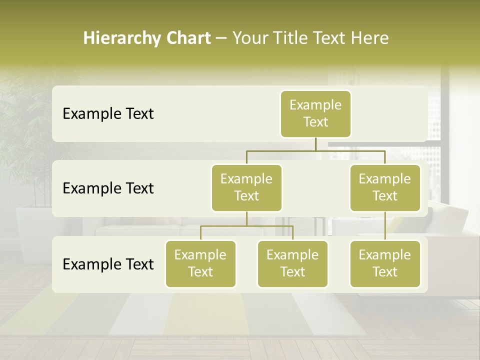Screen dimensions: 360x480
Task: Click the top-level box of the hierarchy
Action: click(x=315, y=114)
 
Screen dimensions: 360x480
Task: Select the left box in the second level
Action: click(x=246, y=188)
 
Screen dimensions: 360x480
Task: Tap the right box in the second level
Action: click(x=385, y=188)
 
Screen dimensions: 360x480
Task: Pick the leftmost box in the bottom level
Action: click(x=200, y=264)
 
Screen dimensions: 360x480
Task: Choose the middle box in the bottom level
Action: click(x=292, y=264)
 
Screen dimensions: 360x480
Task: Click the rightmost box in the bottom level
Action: click(x=385, y=264)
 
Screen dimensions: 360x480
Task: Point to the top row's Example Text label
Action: click(x=108, y=114)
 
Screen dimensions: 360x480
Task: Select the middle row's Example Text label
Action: click(x=108, y=188)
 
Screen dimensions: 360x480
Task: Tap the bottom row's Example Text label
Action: click(x=108, y=264)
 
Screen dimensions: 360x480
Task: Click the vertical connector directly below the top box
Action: click(x=315, y=144)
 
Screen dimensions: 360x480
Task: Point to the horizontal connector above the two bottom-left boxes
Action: click(x=246, y=226)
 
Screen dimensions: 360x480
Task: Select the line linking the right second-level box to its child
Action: click(x=385, y=226)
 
